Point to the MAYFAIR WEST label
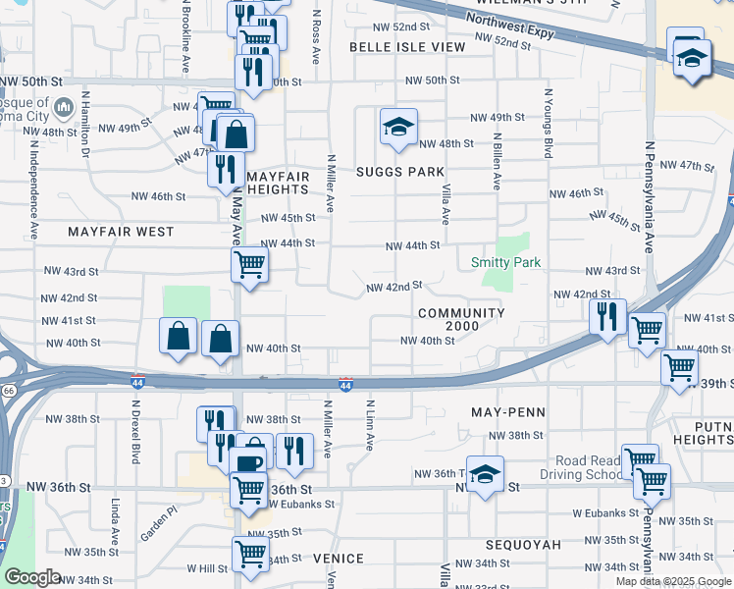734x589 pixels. [x=121, y=233]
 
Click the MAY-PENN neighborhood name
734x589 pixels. [x=507, y=412]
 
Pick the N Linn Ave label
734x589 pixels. [x=370, y=425]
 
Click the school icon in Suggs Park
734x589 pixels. [x=398, y=128]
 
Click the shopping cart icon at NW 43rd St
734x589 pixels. [x=249, y=263]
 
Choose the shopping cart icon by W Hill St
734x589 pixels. [x=251, y=554]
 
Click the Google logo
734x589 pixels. [x=33, y=577]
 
